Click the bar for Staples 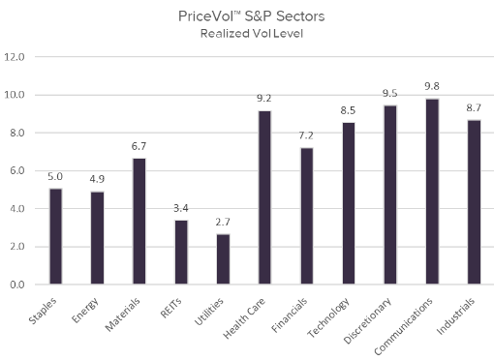(55, 236)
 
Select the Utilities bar (223, 258)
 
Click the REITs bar (181, 252)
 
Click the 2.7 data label (223, 223)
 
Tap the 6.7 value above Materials (139, 147)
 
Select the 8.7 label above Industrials (474, 109)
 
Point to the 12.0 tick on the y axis (15, 57)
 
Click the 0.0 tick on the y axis (17, 285)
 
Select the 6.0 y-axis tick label (17, 171)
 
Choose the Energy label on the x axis (88, 309)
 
